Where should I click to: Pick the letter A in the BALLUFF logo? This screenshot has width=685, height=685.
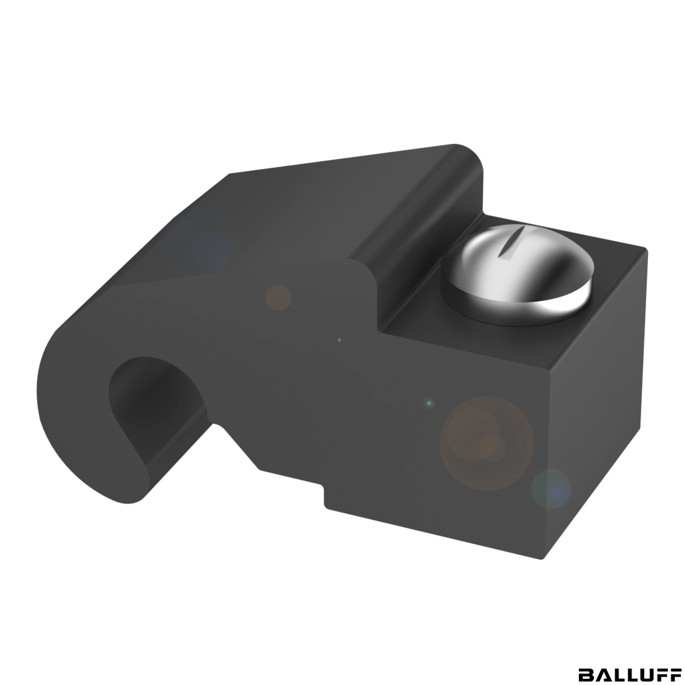(601, 674)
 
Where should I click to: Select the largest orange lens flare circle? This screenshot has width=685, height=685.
(486, 443)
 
